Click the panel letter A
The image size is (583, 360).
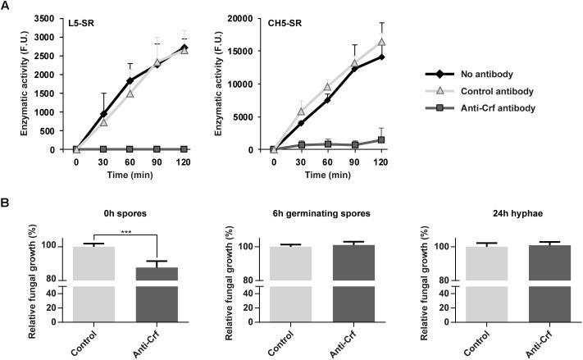[x=6, y=6]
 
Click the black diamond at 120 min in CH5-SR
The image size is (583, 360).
[x=381, y=57]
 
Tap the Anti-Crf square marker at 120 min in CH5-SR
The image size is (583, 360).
[x=381, y=140]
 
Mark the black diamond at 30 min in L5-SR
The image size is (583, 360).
[x=103, y=114]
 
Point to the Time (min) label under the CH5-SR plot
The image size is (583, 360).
[x=327, y=175]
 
